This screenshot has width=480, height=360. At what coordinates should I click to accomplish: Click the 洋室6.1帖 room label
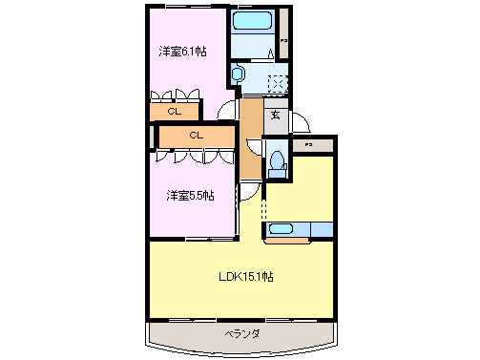[x=182, y=52]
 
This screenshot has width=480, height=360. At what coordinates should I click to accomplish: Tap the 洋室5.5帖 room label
[x=190, y=195]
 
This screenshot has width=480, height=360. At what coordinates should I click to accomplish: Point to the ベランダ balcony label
[x=242, y=333]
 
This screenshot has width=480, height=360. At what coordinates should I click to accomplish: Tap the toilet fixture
[x=278, y=162]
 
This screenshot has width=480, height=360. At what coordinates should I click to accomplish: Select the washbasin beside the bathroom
[x=239, y=74]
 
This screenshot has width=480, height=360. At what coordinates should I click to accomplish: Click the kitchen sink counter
[x=298, y=228]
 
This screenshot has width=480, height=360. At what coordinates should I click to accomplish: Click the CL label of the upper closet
[x=174, y=112]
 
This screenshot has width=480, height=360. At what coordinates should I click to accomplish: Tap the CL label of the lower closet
[x=196, y=136]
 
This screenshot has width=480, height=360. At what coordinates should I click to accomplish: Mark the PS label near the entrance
[x=307, y=144]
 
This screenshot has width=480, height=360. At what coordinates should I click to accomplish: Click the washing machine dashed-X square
[x=277, y=82]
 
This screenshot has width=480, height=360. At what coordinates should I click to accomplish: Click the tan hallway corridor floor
[x=250, y=134]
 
